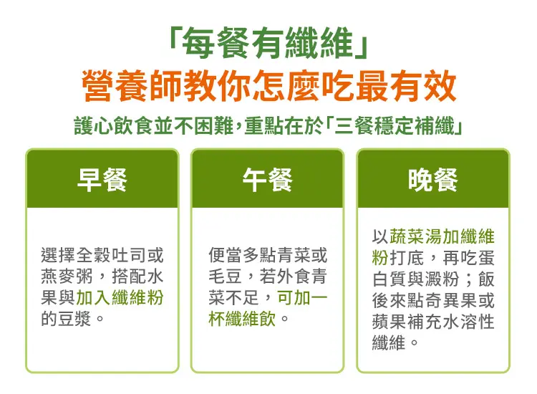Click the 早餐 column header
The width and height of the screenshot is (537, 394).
102,180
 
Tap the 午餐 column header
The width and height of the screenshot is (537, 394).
268,180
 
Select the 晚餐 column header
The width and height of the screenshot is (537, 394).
433,180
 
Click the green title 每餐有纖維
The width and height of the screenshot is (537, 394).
268,44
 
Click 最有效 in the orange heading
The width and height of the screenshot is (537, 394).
405,86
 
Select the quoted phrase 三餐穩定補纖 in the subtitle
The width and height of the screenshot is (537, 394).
394,126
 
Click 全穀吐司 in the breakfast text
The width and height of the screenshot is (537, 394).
111,255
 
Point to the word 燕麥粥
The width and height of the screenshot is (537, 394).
67,277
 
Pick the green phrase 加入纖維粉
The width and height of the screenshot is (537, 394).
120,298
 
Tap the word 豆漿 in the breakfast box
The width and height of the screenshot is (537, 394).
76,319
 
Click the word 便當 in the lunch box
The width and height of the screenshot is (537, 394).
226,255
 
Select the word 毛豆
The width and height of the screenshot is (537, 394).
226,277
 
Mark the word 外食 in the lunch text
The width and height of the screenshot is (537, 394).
293,277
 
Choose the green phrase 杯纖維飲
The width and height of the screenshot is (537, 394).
243,319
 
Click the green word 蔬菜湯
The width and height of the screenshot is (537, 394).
415,236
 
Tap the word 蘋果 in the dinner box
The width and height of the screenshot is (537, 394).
390,322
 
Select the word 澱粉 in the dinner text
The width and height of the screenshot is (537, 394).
442,279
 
